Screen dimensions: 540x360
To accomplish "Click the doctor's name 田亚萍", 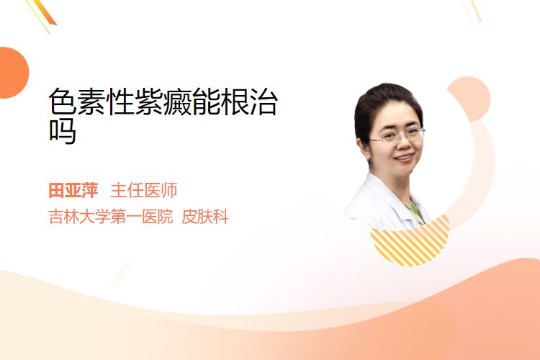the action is (x=73, y=191).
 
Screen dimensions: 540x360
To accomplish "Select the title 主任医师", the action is (x=143, y=191).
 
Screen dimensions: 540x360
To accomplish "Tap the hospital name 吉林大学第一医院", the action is (x=111, y=217).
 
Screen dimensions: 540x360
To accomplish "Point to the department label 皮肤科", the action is (x=205, y=217).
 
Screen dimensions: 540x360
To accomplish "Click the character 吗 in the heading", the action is (x=63, y=131).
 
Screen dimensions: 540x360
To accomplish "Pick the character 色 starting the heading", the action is (x=63, y=102).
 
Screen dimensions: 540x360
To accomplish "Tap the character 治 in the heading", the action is (x=264, y=102).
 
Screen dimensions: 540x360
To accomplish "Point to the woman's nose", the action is (x=404, y=145).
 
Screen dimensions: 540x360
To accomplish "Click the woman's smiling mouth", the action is (x=405, y=158).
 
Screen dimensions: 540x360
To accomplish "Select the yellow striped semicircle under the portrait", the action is (x=410, y=240).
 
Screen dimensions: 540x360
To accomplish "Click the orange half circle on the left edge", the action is (x=13, y=73).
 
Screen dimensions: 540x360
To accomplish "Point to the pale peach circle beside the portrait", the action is (x=469, y=99).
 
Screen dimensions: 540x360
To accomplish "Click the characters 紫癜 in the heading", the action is (x=163, y=102).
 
